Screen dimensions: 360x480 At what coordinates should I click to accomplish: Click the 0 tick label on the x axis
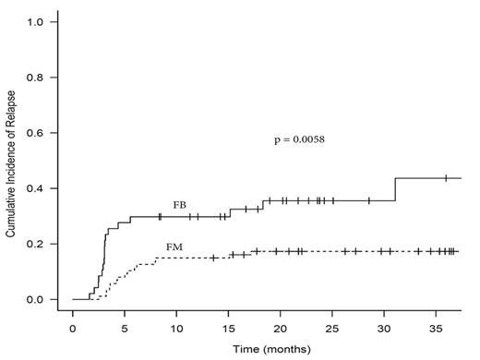tap(73, 329)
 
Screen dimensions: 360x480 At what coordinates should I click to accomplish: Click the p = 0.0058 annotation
tap(300, 140)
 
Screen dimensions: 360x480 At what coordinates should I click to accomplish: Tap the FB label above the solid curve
tap(180, 204)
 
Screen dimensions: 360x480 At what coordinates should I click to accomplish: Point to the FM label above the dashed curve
tap(174, 247)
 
